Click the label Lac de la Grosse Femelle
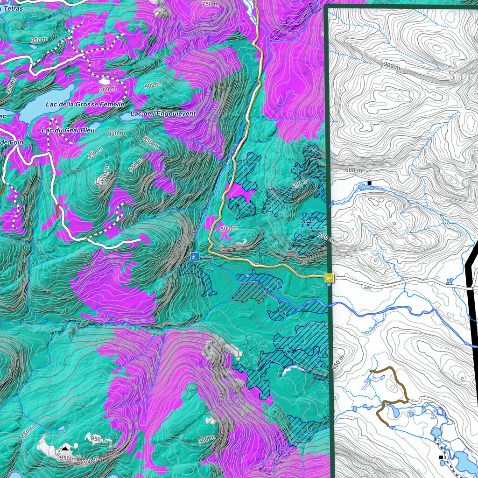coord(85,104)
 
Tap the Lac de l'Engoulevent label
coord(163,113)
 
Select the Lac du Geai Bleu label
coord(68,130)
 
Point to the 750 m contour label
coord(210,4)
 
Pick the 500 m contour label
coord(229,228)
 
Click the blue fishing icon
coord(195,256)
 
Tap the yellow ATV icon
coord(329,278)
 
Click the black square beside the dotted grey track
coord(441,457)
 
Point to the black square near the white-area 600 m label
coord(369,183)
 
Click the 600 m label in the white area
coord(354,170)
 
